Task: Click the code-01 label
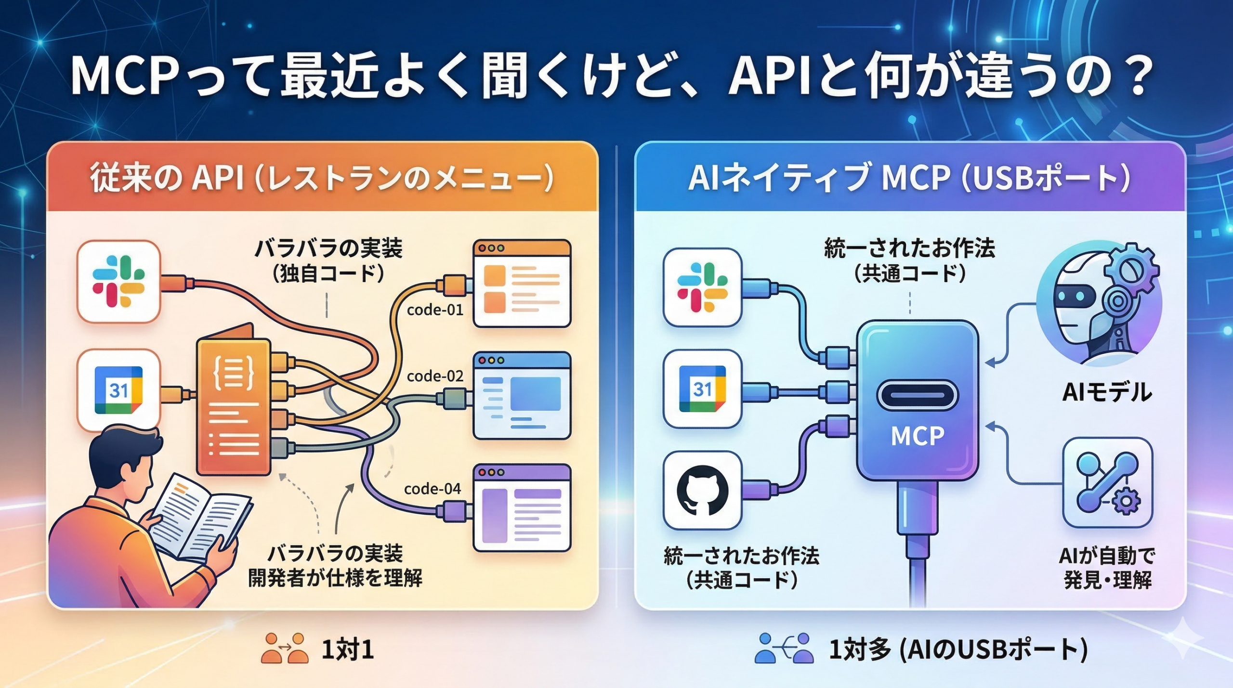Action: pyautogui.click(x=435, y=310)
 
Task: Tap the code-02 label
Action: pyautogui.click(x=435, y=376)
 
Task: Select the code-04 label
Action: pyautogui.click(x=432, y=489)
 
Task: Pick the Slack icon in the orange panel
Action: pyautogui.click(x=118, y=282)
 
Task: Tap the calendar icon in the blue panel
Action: pyautogui.click(x=702, y=389)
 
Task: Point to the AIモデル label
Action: pyautogui.click(x=1107, y=392)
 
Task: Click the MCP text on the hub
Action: pyautogui.click(x=917, y=436)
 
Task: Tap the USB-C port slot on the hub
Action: pyautogui.click(x=917, y=395)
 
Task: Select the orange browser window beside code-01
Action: pyautogui.click(x=522, y=284)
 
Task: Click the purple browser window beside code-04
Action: pyautogui.click(x=522, y=508)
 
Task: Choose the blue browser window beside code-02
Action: pyautogui.click(x=522, y=395)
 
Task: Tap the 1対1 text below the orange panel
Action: pyautogui.click(x=347, y=650)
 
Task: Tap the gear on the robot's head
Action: pyautogui.click(x=1132, y=270)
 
